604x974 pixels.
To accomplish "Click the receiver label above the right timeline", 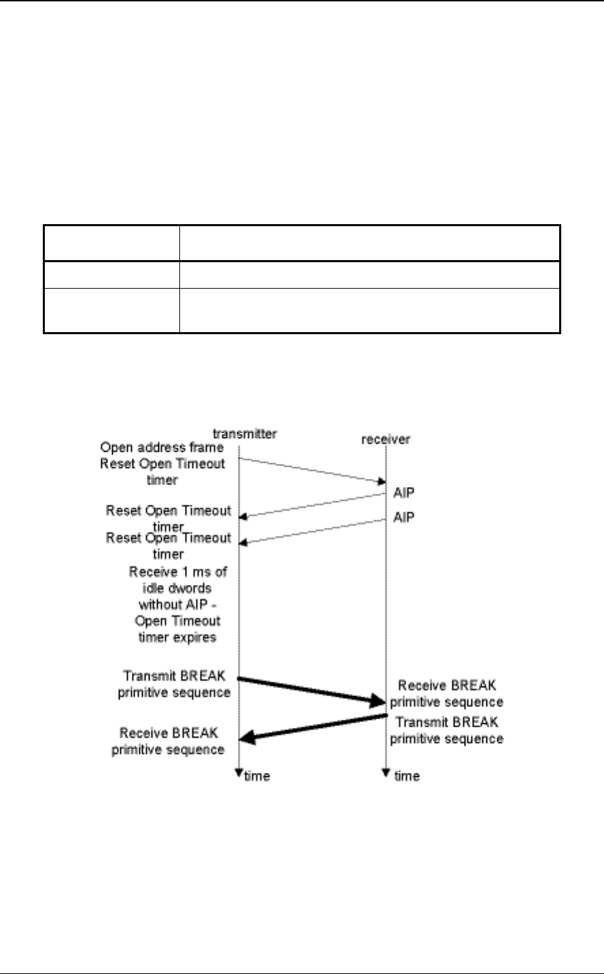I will (x=385, y=439).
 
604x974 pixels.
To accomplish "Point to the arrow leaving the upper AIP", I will (x=313, y=505).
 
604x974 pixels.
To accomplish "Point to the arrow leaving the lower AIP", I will (x=313, y=532).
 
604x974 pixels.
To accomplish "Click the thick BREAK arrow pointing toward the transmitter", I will (x=313, y=727).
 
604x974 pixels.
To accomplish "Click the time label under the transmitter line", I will (x=257, y=776).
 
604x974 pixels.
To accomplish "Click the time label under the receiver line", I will (x=406, y=776).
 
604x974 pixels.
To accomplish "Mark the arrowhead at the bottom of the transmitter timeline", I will (x=239, y=772).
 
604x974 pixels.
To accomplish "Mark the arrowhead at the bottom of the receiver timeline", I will (x=386, y=772).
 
